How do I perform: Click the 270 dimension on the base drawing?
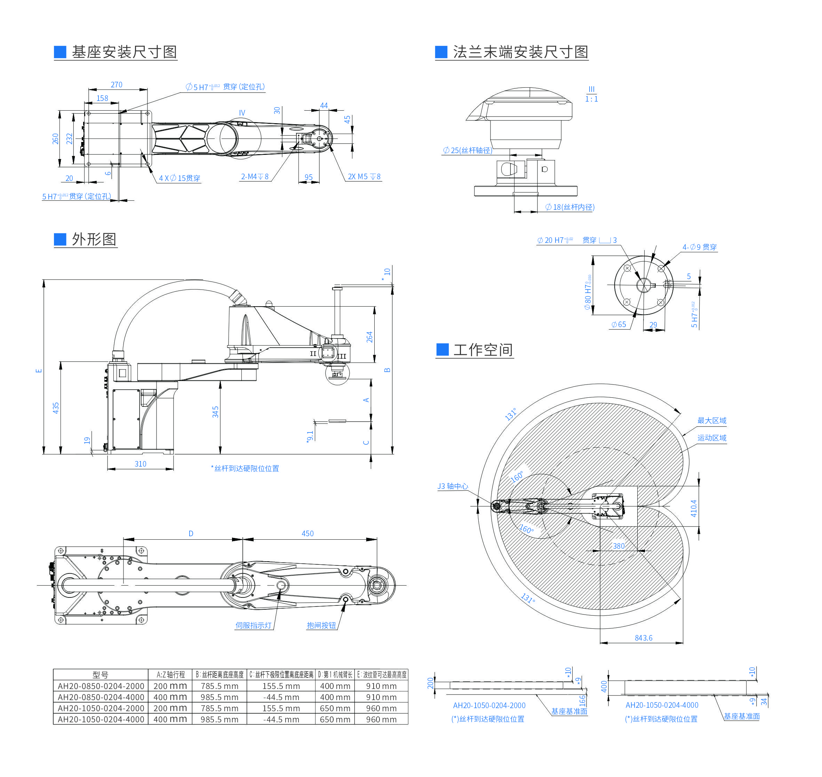pyautogui.click(x=117, y=85)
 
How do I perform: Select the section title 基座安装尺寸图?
pyautogui.click(x=124, y=52)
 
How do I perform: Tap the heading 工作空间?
pyautogui.click(x=483, y=350)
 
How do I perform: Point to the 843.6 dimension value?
pyautogui.click(x=643, y=638)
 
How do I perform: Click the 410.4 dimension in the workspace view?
pyautogui.click(x=694, y=508)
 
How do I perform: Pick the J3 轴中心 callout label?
pyautogui.click(x=453, y=486)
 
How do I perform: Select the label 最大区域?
pyautogui.click(x=711, y=420)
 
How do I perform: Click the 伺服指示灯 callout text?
pyautogui.click(x=253, y=625)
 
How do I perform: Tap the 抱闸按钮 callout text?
pyautogui.click(x=321, y=625)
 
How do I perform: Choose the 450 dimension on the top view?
pyautogui.click(x=307, y=533)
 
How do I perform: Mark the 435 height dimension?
pyautogui.click(x=56, y=408)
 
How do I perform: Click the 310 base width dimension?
pyautogui.click(x=141, y=464)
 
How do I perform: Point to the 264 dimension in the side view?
pyautogui.click(x=369, y=337)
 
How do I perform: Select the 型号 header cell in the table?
pyautogui.click(x=100, y=675)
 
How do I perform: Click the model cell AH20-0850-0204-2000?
pyautogui.click(x=101, y=686)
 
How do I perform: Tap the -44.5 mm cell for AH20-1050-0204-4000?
pyautogui.click(x=281, y=720)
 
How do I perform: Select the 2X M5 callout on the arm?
pyautogui.click(x=364, y=177)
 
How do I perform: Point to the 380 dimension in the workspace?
pyautogui.click(x=618, y=546)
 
